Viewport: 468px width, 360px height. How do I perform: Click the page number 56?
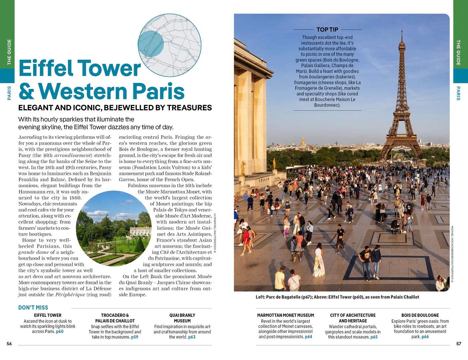[x=9, y=344]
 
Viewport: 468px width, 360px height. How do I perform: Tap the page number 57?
[x=459, y=344]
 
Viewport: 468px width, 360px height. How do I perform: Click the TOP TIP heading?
[x=327, y=29]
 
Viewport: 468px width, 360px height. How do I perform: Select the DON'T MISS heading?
[x=33, y=308]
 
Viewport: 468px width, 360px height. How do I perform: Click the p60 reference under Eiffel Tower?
[x=60, y=332]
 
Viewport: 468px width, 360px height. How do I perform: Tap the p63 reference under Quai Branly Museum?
[x=192, y=337]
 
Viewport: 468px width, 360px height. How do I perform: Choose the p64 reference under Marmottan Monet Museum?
[x=308, y=337]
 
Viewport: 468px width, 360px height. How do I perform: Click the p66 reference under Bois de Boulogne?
[x=425, y=337]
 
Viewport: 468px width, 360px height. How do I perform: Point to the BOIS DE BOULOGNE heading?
[x=420, y=315]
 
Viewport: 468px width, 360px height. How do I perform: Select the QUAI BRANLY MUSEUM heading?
[x=182, y=318]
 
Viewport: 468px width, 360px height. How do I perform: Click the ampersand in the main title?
[x=26, y=91]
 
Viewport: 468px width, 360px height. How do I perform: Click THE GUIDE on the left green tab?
[x=9, y=52]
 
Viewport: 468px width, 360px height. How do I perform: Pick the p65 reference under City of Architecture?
[x=374, y=337]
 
